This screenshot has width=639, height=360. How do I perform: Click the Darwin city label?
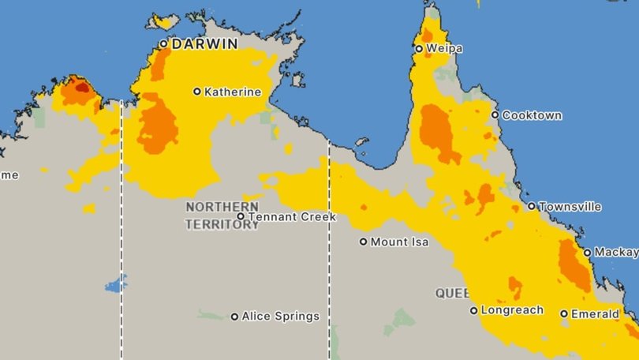pos(205,44)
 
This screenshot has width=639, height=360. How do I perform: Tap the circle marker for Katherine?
pos(197,92)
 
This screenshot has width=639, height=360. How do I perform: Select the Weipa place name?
pos(444,49)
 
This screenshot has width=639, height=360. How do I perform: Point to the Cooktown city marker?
pos(495,115)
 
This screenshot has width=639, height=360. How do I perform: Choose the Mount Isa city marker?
pos(364,242)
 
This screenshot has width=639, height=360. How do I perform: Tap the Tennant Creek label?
pos(292,216)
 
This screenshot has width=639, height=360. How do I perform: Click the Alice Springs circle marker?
pos(234,317)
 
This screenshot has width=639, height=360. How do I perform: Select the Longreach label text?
pos(512,310)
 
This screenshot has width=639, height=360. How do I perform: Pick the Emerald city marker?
pos(564,314)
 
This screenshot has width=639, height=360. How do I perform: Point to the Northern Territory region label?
pos(222,215)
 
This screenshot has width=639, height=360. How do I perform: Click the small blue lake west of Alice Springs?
pos(116,284)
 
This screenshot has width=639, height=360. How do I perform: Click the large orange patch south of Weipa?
pos(438,133)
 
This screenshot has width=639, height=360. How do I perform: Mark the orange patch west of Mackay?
pos(573,265)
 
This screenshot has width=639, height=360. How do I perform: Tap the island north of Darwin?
pos(164,21)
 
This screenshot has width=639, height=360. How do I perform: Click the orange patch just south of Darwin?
pos(160,63)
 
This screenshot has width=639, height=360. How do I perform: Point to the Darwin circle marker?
pos(164,44)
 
